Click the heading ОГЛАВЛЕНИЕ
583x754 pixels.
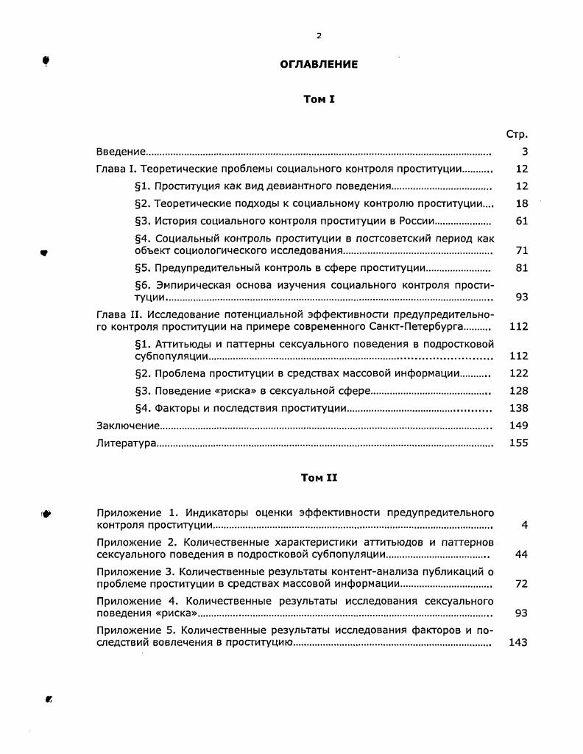point(319,64)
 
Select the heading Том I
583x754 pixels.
point(319,99)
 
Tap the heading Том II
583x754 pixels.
point(319,478)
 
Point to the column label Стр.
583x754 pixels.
point(517,135)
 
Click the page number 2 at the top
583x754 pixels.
point(319,35)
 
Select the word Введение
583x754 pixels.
point(121,152)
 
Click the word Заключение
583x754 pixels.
point(128,426)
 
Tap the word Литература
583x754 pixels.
point(126,443)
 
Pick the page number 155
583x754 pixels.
point(518,443)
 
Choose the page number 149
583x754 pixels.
point(518,426)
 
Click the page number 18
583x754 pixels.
point(522,203)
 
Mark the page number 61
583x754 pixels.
point(522,221)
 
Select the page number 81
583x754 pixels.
point(522,268)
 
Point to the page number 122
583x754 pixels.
point(518,373)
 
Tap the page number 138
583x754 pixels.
point(518,408)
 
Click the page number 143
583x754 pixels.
point(518,642)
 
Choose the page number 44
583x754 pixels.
point(522,554)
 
